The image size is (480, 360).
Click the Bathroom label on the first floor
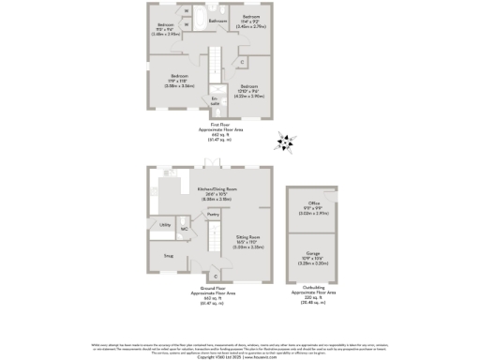coord(217,20)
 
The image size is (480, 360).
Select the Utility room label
coord(164,226)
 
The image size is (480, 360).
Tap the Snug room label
coord(169,254)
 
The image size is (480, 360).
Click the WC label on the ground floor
coord(184,228)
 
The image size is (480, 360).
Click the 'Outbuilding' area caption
coord(314,287)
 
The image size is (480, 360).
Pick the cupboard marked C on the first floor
coord(242,63)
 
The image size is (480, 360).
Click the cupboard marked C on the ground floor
coord(216,275)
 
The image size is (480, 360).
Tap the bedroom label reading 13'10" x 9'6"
coord(253,91)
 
